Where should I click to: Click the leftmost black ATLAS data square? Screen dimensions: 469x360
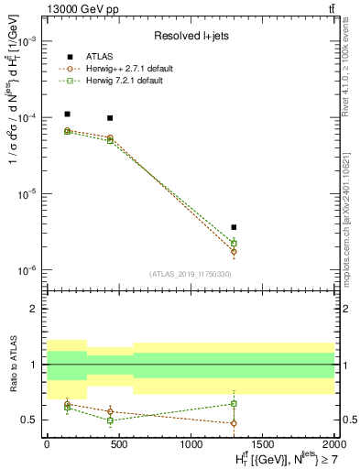[x=68, y=115]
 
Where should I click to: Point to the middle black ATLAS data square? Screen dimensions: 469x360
[x=110, y=118]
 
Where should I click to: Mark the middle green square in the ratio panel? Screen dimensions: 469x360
[x=110, y=420]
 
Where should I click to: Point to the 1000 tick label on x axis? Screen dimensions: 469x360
[x=191, y=442]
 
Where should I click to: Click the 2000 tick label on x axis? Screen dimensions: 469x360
[x=333, y=442]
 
